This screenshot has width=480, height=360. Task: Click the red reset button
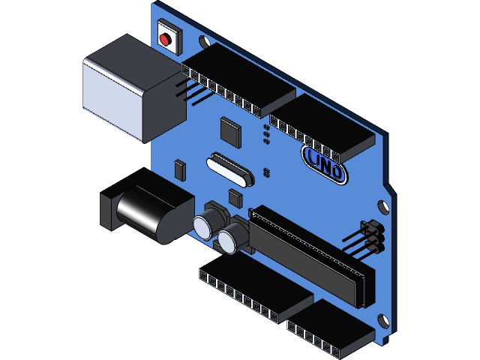point(166,38)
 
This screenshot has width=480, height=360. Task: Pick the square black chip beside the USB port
point(231,131)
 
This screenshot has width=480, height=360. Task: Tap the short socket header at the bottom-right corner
point(330,330)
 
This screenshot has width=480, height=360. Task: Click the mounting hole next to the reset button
point(204,40)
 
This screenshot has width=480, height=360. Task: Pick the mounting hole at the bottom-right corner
point(385,320)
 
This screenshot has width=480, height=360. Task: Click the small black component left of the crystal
point(179,169)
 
